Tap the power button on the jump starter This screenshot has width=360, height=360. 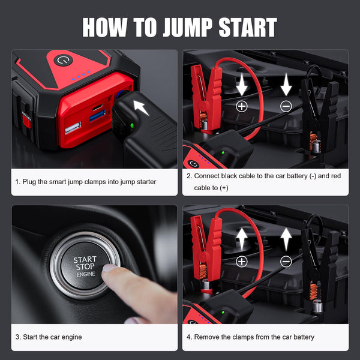click(62, 61)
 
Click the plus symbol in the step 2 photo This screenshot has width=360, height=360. click(242, 106)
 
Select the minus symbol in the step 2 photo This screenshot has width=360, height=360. click(286, 106)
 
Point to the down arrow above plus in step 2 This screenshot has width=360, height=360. click(242, 85)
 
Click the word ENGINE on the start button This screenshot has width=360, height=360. click(85, 274)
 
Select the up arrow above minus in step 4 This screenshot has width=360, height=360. click(286, 238)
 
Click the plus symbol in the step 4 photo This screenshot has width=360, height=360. click(242, 261)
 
